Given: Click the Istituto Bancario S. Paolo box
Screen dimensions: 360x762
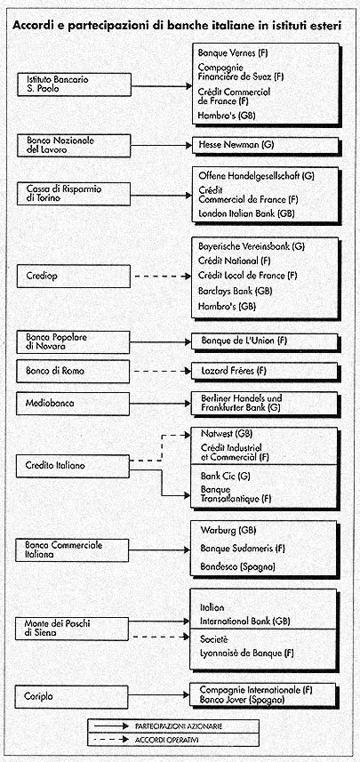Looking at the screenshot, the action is click(x=74, y=85).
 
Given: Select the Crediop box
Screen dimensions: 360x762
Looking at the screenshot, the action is click(x=74, y=276).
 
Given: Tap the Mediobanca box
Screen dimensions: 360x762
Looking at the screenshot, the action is click(x=74, y=404).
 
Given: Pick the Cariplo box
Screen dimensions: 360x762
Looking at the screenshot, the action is click(x=74, y=696).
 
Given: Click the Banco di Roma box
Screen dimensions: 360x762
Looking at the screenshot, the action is click(x=74, y=372).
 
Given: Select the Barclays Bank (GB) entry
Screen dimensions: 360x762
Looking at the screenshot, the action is click(x=228, y=291).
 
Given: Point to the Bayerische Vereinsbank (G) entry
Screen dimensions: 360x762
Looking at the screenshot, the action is click(x=252, y=246).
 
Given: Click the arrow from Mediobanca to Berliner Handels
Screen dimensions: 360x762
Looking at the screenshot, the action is click(x=161, y=404).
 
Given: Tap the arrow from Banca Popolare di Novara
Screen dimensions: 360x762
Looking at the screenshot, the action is click(x=161, y=342).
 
